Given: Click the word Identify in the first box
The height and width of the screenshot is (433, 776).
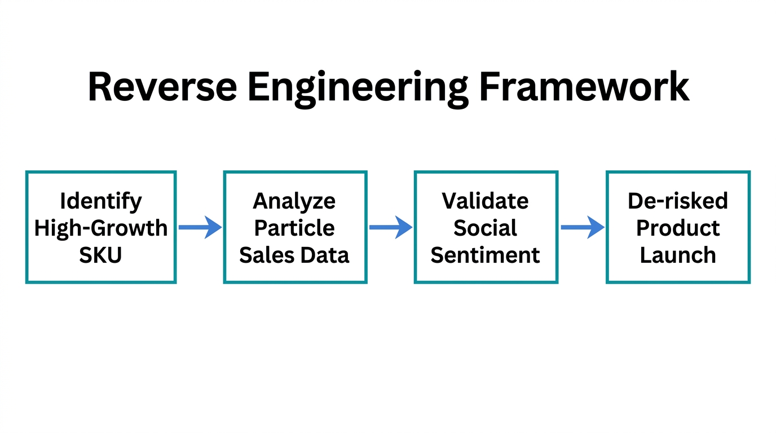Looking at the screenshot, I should click(101, 201).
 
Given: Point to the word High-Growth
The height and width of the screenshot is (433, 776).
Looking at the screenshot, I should click(101, 228).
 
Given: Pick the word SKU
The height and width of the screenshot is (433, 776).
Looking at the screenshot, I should click(101, 255).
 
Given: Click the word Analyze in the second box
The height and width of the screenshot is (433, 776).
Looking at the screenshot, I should click(294, 201).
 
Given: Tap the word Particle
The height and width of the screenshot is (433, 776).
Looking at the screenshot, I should click(294, 228).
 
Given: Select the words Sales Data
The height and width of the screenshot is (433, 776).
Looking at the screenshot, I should click(294, 255).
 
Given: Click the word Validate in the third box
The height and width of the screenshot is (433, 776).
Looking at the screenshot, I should click(485, 201).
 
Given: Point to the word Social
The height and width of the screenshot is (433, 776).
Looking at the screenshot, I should click(485, 228).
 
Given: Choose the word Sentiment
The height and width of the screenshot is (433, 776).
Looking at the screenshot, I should click(485, 255).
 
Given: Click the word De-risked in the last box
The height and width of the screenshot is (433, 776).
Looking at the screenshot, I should click(678, 201).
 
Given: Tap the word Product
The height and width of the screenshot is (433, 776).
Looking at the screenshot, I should click(678, 228).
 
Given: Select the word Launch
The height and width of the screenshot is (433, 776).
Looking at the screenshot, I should click(678, 255).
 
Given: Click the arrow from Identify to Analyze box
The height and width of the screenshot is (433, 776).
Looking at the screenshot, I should click(200, 227).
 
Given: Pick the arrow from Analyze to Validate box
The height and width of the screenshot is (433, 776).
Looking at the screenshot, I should click(391, 227).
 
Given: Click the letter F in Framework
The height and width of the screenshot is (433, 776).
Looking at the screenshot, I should click(492, 86).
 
